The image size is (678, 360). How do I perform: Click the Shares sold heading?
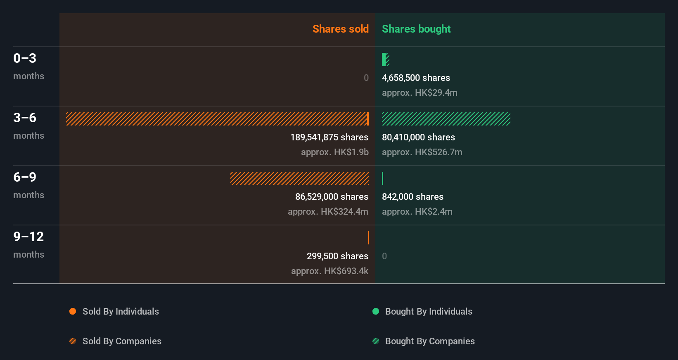340,29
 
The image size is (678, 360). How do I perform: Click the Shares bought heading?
416,29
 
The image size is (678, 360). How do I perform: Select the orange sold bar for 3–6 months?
217,119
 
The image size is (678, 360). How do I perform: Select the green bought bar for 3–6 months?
446,119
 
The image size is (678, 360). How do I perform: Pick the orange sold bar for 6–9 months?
299,178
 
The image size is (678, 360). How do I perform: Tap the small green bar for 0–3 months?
385,59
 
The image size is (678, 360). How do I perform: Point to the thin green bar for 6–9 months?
383,178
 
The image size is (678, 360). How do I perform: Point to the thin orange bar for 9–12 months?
368,238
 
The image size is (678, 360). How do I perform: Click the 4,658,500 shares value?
416,78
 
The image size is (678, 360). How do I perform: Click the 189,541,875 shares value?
329,137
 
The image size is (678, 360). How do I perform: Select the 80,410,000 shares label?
418,137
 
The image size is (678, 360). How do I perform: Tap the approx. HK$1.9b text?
334,152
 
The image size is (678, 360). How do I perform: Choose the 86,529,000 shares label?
332,197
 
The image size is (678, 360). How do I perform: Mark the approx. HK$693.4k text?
330,271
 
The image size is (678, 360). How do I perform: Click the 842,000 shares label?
412,197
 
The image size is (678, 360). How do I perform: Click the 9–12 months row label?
28,244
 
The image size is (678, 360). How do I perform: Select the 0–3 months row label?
28,66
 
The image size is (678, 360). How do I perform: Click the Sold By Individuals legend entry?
120,311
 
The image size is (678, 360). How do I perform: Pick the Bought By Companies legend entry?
429,341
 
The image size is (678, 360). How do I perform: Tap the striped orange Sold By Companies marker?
73,341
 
